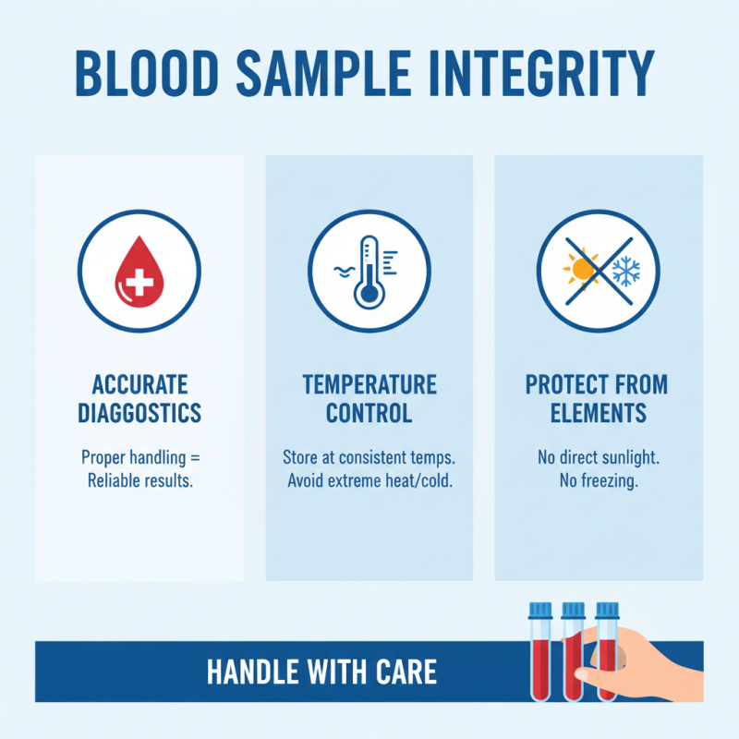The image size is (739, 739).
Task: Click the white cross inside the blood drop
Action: pos(139,277)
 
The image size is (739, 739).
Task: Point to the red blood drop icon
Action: pos(139,268)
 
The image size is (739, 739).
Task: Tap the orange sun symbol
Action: pos(581,269)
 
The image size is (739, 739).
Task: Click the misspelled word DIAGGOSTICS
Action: pos(139,412)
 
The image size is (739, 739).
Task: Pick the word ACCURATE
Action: pos(139,384)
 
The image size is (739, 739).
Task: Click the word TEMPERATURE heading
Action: pos(369,384)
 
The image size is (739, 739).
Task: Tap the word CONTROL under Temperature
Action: pos(369,412)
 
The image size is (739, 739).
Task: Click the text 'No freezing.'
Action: pos(599,481)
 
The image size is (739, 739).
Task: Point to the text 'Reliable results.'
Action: pos(139,481)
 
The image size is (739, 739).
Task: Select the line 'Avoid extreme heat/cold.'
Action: pos(369,481)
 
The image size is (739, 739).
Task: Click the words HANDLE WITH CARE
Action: pos(321,672)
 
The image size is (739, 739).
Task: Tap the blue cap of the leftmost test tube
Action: pos(539,610)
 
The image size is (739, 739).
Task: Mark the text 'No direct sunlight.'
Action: pos(599,457)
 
